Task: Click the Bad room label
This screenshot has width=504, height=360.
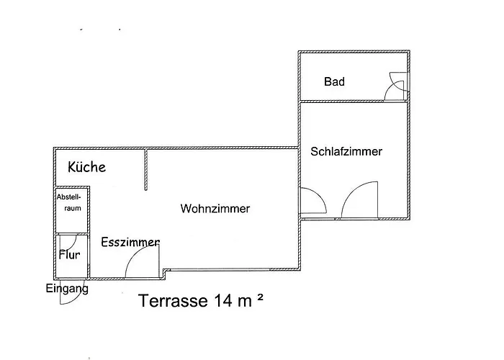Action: [334, 82]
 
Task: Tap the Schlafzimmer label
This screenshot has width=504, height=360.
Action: [346, 152]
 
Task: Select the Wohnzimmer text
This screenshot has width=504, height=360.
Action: [215, 209]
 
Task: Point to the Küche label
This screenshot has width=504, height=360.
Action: [87, 168]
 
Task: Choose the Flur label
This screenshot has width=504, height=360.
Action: [69, 254]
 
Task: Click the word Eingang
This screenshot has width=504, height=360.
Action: [67, 289]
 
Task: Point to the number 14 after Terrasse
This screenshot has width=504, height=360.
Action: [220, 300]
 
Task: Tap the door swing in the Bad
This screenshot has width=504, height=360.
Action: [395, 86]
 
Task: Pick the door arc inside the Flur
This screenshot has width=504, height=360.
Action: [68, 243]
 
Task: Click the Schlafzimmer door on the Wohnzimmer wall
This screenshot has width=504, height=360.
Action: [312, 201]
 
